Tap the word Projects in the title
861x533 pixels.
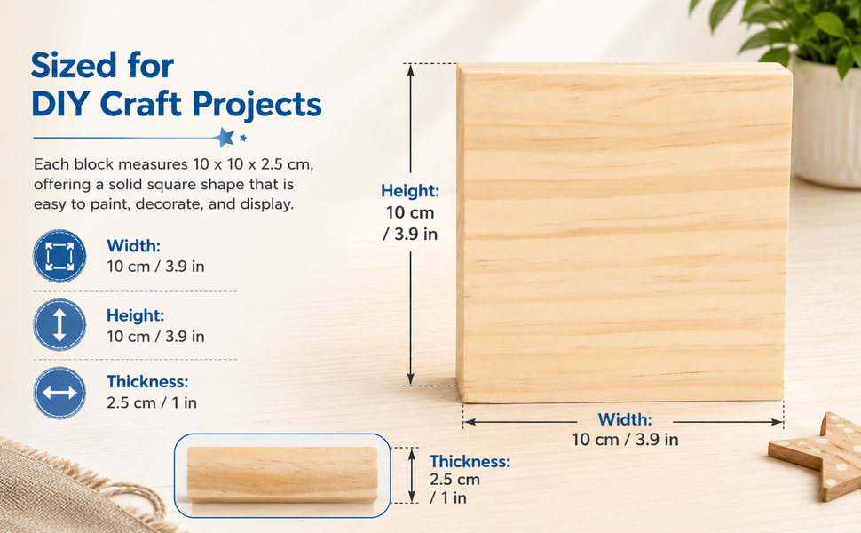click(x=257, y=106)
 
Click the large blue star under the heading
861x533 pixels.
click(x=224, y=137)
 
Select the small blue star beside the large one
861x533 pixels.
click(x=243, y=138)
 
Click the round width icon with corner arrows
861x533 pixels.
click(x=59, y=256)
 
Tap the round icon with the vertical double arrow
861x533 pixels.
click(x=59, y=325)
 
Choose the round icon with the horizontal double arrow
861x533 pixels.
click(x=59, y=393)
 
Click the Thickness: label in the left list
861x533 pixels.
click(x=147, y=381)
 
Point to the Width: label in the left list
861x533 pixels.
click(x=133, y=245)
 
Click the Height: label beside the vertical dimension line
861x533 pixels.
click(x=410, y=191)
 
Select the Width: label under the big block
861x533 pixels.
click(x=625, y=419)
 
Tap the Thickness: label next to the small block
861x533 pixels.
click(x=470, y=461)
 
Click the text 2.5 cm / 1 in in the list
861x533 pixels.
click(x=152, y=402)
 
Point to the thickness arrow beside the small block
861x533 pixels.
click(x=412, y=474)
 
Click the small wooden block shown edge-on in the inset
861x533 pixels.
click(x=282, y=474)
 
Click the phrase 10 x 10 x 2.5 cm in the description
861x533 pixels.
click(x=253, y=164)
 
